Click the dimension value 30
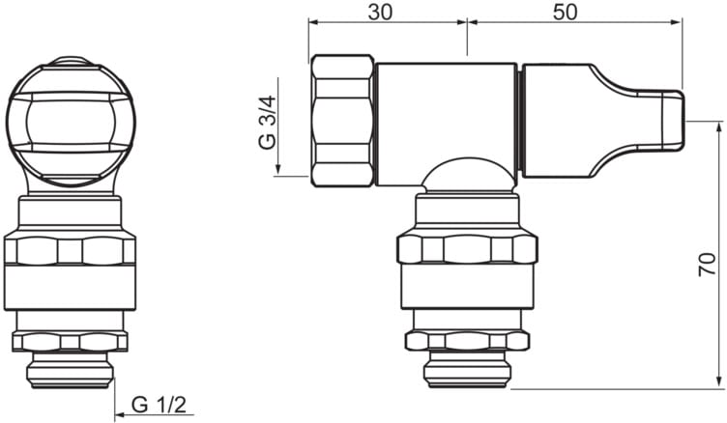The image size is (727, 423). [x=380, y=13]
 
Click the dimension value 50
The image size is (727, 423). [x=566, y=13]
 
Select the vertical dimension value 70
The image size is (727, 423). [x=707, y=265]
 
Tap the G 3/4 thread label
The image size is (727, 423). [x=267, y=123]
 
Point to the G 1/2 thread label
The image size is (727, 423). [x=159, y=405]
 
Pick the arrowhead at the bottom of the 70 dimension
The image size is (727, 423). [x=719, y=382]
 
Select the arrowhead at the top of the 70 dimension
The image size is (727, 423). [x=719, y=127]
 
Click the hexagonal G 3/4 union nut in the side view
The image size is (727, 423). [x=342, y=121]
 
